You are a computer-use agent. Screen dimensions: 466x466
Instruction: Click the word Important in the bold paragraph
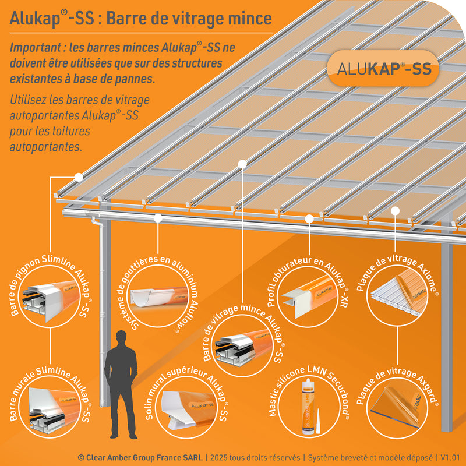tap(37, 48)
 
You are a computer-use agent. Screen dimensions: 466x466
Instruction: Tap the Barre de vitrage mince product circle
tap(241, 344)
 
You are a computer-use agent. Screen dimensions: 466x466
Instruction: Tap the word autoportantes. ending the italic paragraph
tap(46, 147)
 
